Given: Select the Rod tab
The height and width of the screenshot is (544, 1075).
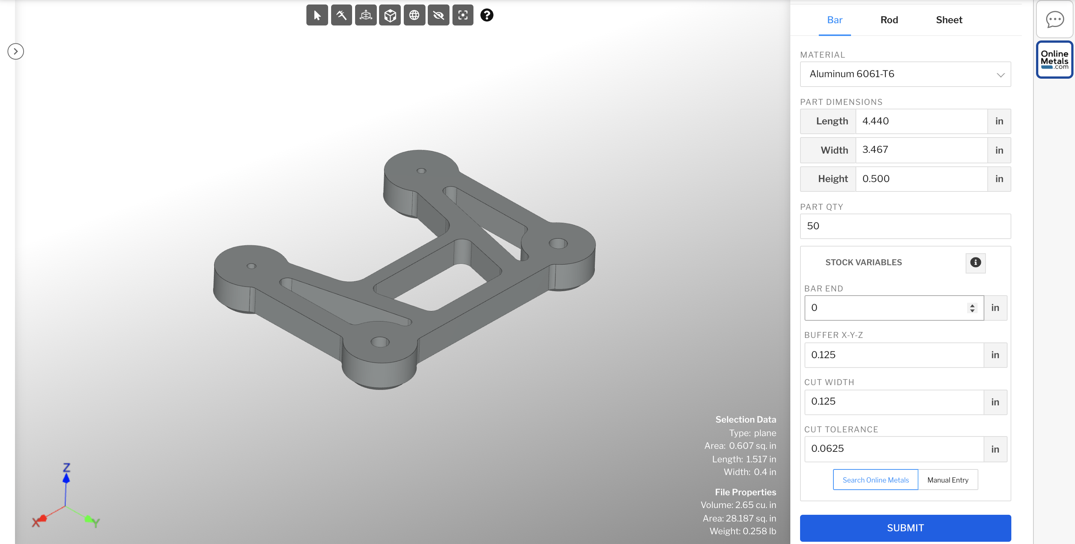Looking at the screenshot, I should tap(889, 19).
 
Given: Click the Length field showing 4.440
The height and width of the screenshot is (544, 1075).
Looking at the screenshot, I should tap(921, 121).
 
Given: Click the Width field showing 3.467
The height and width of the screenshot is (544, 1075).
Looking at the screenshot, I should tap(921, 150).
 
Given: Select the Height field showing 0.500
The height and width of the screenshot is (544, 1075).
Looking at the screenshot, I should tap(921, 179).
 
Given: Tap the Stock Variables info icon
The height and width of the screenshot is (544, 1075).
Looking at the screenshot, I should tap(975, 262).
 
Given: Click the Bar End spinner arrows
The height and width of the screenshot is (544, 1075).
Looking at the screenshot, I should tap(972, 308).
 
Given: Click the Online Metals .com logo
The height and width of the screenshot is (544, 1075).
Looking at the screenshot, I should tap(1054, 60).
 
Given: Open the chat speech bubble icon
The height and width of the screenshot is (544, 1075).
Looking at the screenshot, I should tap(1054, 19).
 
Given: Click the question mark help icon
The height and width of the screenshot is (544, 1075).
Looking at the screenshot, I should tap(487, 15).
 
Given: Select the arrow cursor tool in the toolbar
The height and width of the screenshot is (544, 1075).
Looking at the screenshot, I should tap(317, 15).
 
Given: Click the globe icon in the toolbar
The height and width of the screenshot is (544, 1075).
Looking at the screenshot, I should tap(414, 15).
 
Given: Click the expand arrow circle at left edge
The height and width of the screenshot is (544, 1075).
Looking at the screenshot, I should tap(15, 51).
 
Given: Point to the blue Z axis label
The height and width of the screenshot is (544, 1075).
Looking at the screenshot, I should tap(66, 467).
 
